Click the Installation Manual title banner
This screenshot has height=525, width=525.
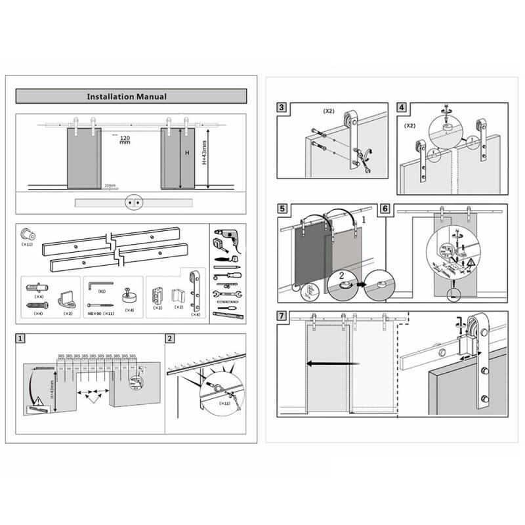(131, 96)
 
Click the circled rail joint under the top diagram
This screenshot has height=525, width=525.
(134, 203)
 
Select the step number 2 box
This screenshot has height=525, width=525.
(170, 339)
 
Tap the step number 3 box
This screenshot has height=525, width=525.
(282, 108)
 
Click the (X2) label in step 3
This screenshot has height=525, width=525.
(329, 111)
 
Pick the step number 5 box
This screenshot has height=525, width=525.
(282, 209)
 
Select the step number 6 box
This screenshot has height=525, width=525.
(385, 209)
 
